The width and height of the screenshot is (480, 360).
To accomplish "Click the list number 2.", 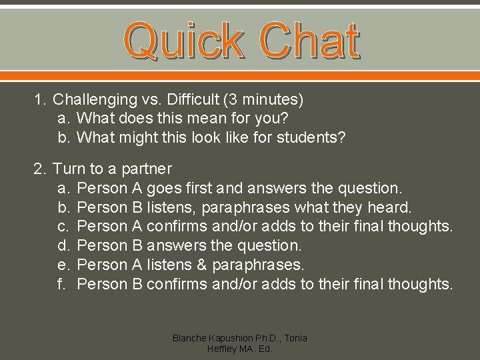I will click(x=39, y=169).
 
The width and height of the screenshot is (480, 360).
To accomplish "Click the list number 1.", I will click(x=39, y=100).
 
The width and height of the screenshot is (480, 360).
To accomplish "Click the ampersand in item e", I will click(x=202, y=265).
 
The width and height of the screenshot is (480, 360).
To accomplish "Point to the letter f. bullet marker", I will click(x=64, y=284).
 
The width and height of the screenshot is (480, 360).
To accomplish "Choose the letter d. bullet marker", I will click(x=64, y=246).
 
